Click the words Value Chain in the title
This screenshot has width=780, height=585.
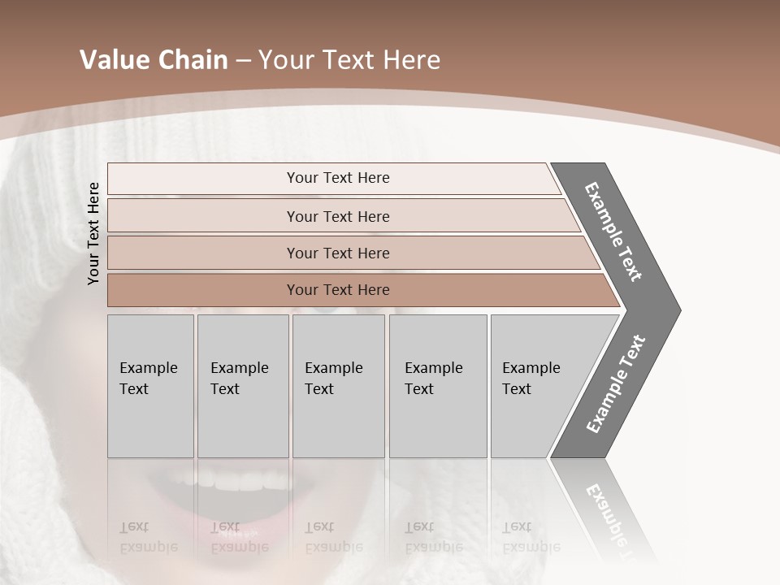click(x=154, y=60)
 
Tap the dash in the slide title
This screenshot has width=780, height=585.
click(x=242, y=61)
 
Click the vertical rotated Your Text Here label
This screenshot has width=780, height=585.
click(x=94, y=233)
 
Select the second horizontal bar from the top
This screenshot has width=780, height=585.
click(x=338, y=216)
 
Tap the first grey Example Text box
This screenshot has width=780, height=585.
click(x=150, y=386)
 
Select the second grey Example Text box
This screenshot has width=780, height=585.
click(x=242, y=386)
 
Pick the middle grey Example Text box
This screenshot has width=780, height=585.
click(x=338, y=386)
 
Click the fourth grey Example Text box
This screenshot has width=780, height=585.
click(x=437, y=386)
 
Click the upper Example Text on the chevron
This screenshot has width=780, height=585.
click(x=614, y=232)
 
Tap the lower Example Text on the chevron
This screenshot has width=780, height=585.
click(x=616, y=383)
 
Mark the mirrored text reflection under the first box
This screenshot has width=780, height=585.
click(x=149, y=537)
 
